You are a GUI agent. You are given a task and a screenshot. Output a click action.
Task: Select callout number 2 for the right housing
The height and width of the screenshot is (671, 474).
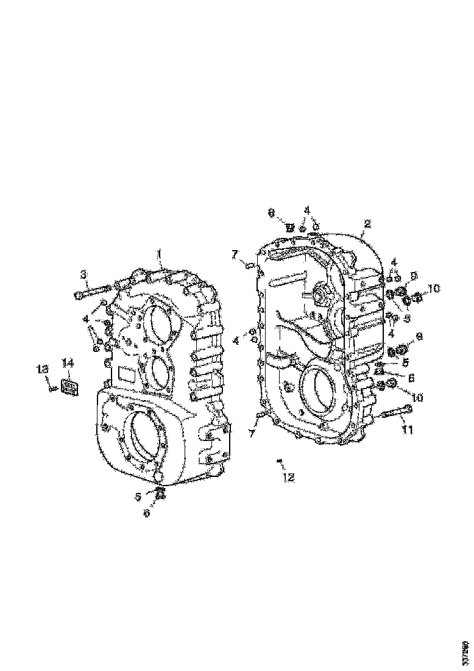pos(367,223)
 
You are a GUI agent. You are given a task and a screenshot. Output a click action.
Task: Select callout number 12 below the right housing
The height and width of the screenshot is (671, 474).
pos(288,478)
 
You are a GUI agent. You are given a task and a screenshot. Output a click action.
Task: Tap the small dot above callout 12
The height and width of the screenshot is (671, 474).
pos(279,461)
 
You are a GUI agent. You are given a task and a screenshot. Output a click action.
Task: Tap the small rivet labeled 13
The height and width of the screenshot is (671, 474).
pos(54,387)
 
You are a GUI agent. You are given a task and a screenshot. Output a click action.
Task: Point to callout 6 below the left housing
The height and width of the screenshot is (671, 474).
pos(146,513)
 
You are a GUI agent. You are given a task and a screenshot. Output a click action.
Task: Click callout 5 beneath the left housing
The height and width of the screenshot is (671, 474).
pos(138,497)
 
